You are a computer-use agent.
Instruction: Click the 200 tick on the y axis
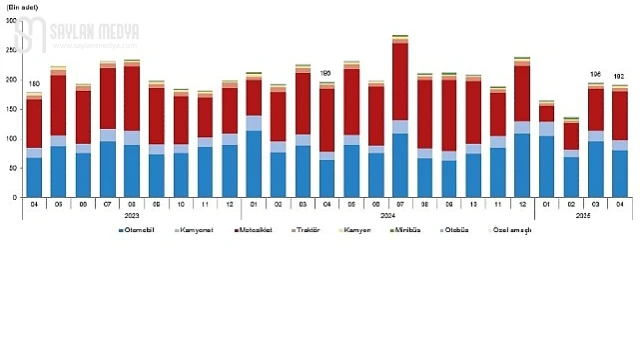(x=11, y=79)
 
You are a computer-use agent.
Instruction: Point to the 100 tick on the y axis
(x=11, y=138)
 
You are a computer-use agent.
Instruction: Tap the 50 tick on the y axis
(x=13, y=168)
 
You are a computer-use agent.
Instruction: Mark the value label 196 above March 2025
(x=596, y=74)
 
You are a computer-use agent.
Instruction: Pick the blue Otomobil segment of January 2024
(x=254, y=163)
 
